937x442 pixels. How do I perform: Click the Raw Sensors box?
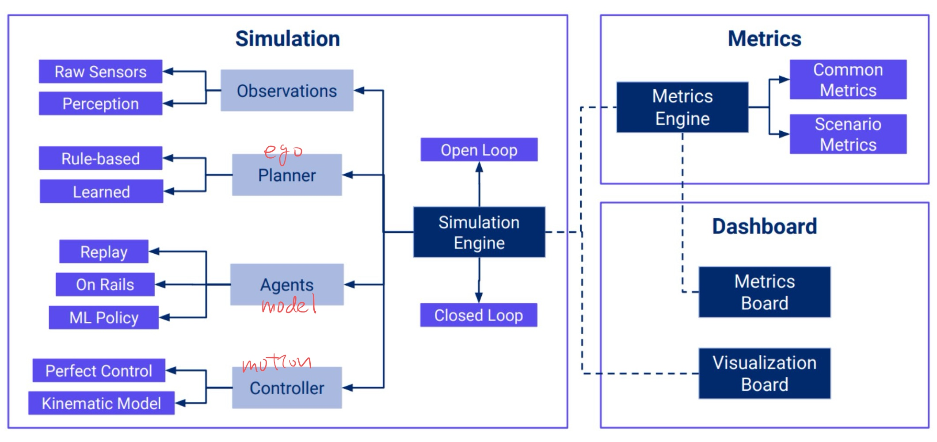point(100,72)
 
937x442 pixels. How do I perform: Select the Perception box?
point(100,103)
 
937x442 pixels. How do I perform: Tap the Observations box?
point(287,91)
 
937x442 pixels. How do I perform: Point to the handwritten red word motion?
point(277,363)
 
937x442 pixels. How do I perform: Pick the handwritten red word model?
point(289,305)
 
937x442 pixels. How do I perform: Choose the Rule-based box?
point(100,158)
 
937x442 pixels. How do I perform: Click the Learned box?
point(101,191)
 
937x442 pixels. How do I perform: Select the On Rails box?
point(105,284)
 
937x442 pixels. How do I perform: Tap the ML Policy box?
point(103,317)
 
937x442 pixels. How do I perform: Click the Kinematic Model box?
point(101,403)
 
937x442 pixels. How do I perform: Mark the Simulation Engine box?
point(479,232)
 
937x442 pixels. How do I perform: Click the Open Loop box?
point(479,150)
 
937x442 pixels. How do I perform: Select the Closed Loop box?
point(478,315)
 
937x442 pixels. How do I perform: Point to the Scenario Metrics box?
point(848,134)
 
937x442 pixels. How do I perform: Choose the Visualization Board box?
point(764,373)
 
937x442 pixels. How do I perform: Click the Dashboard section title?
point(764,226)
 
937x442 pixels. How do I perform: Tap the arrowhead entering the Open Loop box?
point(479,167)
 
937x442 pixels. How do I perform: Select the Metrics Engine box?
point(682,107)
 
